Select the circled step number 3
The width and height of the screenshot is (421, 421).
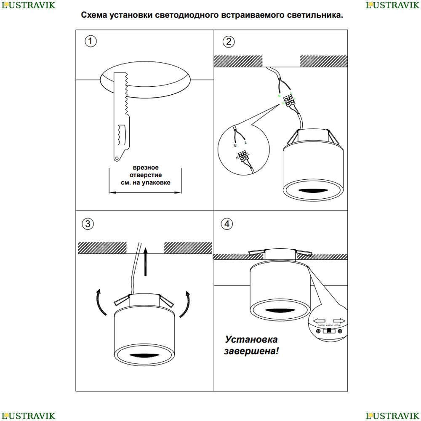click(88, 224)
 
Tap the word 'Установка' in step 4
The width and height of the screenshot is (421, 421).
click(251, 340)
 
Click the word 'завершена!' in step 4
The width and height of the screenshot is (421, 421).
click(251, 351)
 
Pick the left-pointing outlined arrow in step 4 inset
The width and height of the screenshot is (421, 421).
click(321, 320)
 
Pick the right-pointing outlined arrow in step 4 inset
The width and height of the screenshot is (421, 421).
click(339, 320)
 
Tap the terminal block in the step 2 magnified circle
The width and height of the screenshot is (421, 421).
click(242, 157)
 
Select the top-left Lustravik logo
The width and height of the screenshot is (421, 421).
click(27, 5)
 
